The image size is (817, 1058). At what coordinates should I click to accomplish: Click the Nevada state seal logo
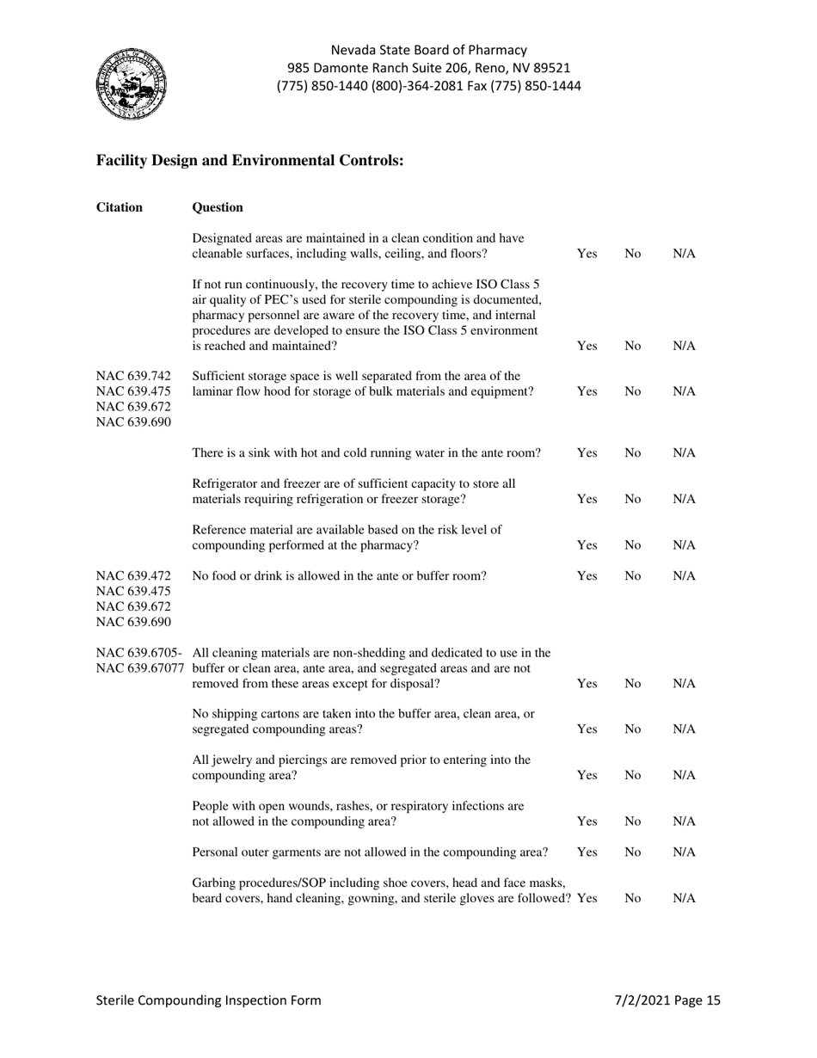[131, 84]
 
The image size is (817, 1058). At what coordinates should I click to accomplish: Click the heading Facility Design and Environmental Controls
[249, 160]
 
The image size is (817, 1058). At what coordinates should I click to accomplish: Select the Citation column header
[120, 207]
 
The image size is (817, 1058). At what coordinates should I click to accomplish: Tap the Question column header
[218, 207]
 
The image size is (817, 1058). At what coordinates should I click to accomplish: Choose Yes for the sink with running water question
[587, 452]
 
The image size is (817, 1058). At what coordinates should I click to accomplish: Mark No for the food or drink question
[633, 576]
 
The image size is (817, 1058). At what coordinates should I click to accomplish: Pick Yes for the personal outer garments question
[587, 852]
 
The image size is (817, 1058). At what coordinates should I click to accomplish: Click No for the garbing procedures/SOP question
[633, 898]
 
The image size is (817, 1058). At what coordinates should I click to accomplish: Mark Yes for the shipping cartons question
[587, 729]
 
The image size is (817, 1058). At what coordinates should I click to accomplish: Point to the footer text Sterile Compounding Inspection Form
[208, 1000]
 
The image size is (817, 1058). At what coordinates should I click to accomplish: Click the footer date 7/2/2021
[643, 1000]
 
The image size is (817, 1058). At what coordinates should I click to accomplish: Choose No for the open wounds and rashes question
[633, 821]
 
